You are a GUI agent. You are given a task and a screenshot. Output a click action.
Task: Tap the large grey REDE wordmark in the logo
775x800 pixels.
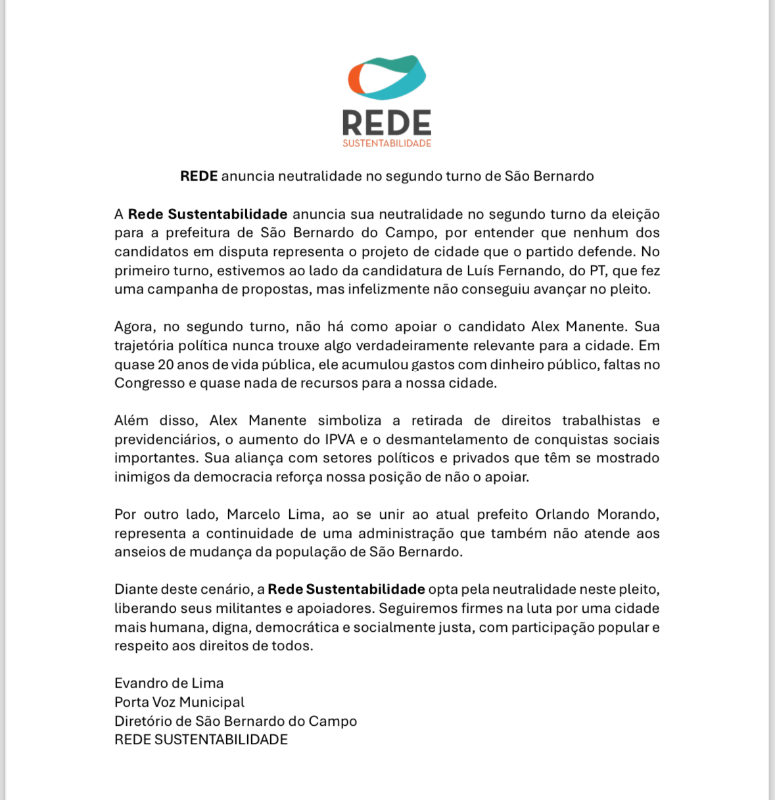click(x=387, y=123)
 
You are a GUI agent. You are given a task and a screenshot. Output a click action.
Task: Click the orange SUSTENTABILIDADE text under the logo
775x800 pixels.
click(x=387, y=143)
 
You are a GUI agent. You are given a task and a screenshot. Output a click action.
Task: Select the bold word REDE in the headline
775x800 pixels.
click(x=199, y=176)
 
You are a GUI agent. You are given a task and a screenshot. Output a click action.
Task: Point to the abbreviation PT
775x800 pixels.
click(x=598, y=271)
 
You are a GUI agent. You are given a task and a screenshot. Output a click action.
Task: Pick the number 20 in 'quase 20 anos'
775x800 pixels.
click(x=166, y=365)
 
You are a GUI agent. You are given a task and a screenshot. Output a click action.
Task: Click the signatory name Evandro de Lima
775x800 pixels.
click(x=169, y=683)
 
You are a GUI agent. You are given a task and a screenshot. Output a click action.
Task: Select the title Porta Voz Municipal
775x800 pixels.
click(x=179, y=702)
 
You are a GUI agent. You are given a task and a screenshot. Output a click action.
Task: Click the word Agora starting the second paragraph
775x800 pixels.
click(x=135, y=327)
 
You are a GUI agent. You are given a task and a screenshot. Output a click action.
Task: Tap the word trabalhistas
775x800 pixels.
click(x=601, y=420)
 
